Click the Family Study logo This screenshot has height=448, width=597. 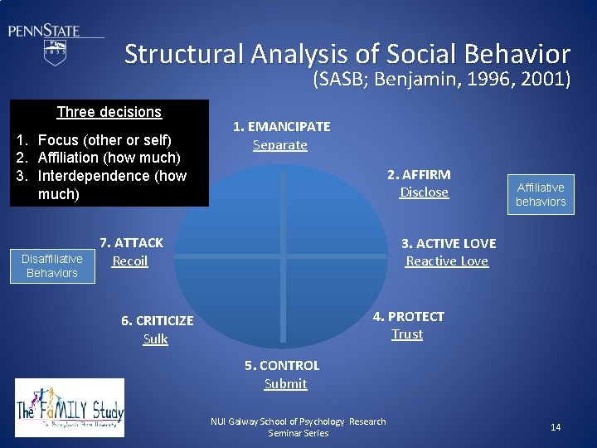coord(70,407)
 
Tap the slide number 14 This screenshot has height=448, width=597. coord(556,427)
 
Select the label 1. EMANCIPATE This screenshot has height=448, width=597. coord(281,127)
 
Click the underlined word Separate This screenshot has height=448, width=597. coord(280,145)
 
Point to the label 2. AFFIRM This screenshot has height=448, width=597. coord(419,175)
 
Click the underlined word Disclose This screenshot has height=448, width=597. coord(424,192)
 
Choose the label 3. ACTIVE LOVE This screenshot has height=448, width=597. coord(449,244)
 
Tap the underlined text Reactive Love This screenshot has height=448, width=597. coord(447,261)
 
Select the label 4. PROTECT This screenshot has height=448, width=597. coord(408,317)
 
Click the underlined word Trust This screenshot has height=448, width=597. coord(407,334)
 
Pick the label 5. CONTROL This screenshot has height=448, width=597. coord(282,366)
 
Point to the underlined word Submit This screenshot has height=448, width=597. coord(285,384)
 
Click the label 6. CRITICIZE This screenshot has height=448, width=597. coord(157,321)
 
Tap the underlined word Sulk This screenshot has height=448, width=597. coord(155,338)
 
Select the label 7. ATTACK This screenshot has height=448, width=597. coord(131,243)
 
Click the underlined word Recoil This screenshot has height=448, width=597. coord(129,261)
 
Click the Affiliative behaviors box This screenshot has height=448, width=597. coord(541,195)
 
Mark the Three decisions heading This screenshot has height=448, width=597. coord(109,112)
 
